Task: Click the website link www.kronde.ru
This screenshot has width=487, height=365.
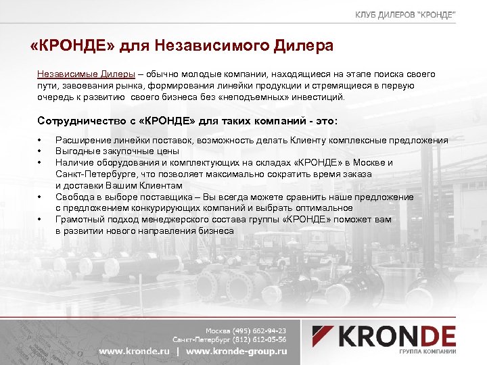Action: click(x=135, y=351)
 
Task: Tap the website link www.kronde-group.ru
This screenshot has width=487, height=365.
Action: click(x=237, y=351)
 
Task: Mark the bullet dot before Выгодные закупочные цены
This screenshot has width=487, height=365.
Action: click(x=41, y=152)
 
